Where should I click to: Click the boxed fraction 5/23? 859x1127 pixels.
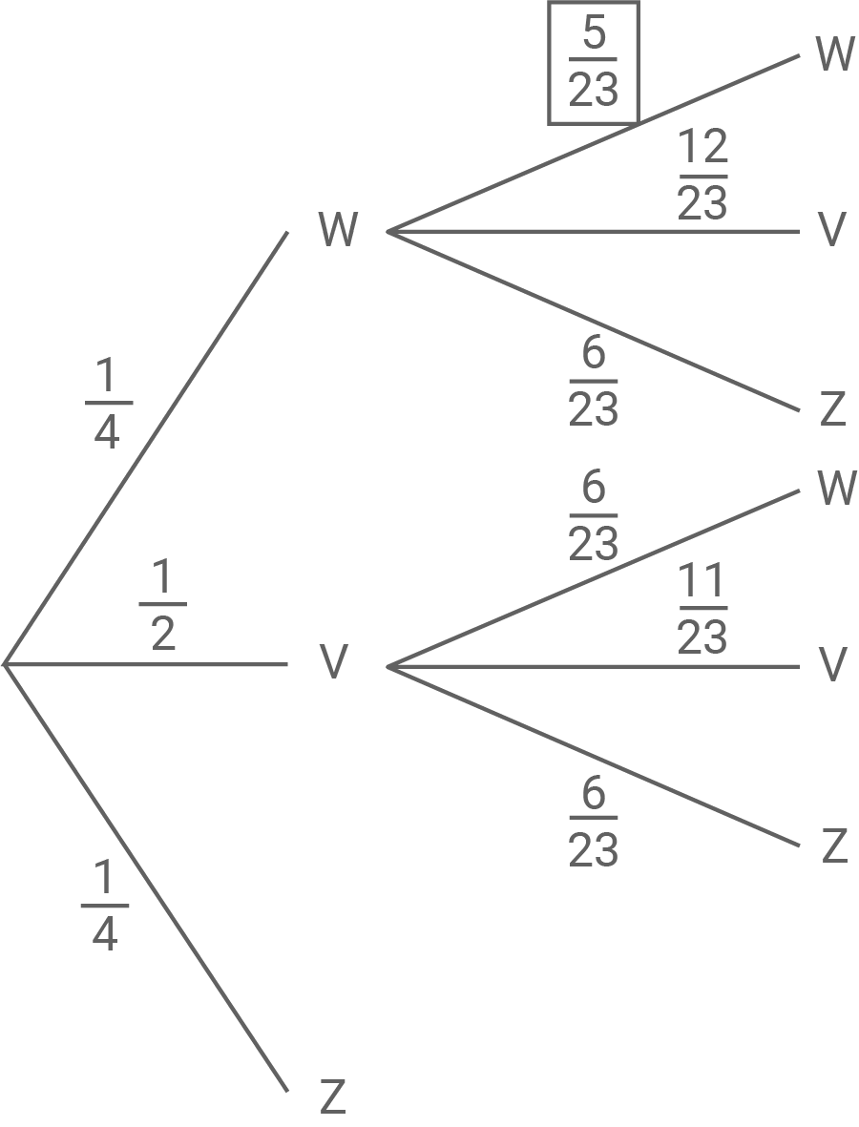(593, 63)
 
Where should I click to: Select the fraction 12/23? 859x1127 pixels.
(702, 176)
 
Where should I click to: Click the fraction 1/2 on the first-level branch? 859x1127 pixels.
(163, 606)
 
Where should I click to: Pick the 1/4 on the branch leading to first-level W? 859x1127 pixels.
(107, 406)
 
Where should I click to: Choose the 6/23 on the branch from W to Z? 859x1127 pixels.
(593, 383)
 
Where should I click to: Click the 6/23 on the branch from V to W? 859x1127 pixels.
(593, 518)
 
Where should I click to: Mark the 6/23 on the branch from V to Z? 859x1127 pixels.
(593, 823)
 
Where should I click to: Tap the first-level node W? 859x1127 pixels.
(338, 230)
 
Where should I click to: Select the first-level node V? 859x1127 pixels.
(332, 663)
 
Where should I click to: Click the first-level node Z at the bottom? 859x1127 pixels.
(331, 1098)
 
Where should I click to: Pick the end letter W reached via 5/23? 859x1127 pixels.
(835, 54)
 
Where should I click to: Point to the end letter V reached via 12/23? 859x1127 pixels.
(833, 230)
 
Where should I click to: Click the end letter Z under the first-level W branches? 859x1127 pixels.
(833, 409)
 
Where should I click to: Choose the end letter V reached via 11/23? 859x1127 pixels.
(833, 665)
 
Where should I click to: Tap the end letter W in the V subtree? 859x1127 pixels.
(836, 489)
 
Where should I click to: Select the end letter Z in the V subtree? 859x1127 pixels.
(833, 846)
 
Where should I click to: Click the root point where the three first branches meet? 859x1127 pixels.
(7, 662)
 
